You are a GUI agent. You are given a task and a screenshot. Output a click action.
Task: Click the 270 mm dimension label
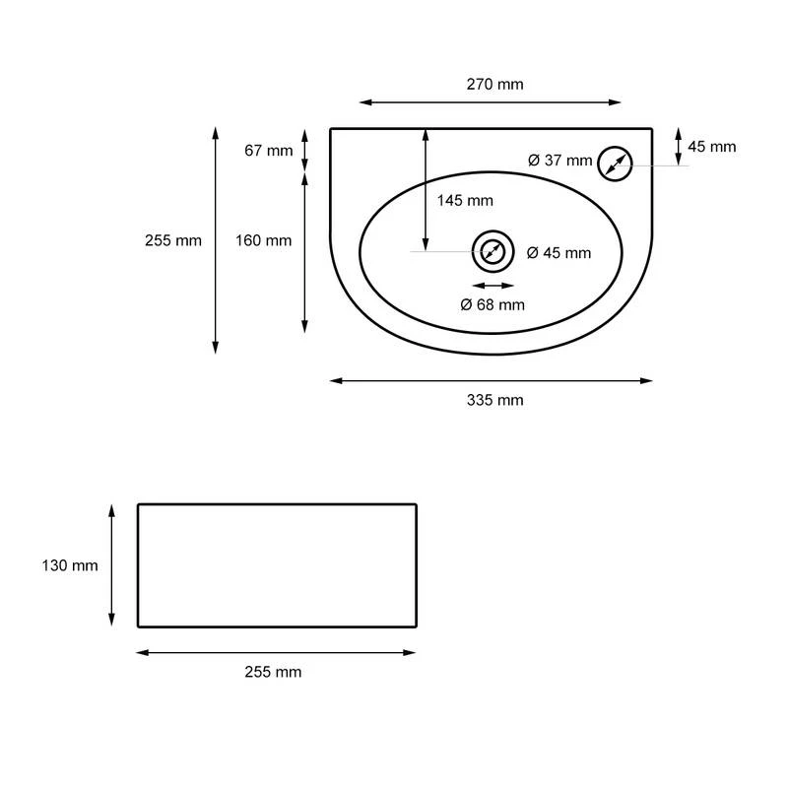(x=494, y=84)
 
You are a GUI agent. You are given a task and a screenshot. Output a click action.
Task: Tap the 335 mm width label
(x=494, y=400)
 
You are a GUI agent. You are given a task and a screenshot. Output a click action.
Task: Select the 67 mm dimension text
(x=268, y=151)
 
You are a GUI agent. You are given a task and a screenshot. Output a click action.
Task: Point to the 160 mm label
(x=264, y=240)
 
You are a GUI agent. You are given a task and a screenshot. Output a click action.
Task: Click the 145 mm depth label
(x=465, y=201)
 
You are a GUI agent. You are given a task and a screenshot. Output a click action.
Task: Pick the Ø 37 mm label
(x=559, y=161)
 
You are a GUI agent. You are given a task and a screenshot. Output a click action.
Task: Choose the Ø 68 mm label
(x=492, y=304)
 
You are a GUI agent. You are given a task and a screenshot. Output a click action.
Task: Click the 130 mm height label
(x=71, y=565)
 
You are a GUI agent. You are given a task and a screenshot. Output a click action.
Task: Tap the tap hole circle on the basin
(x=615, y=164)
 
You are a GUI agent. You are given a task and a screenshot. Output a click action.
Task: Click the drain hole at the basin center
(x=492, y=252)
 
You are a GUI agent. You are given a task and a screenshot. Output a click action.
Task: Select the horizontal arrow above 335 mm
(x=491, y=380)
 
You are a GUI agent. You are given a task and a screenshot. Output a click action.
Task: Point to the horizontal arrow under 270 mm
(x=491, y=101)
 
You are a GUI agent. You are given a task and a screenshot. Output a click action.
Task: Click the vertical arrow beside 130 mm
(x=111, y=564)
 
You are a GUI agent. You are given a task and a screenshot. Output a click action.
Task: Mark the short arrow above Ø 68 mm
(x=492, y=286)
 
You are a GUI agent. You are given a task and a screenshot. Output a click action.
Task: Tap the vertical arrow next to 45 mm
(x=679, y=147)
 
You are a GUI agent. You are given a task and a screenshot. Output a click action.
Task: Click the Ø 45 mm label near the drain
(x=558, y=253)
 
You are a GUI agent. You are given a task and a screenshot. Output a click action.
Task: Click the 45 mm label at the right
(x=711, y=147)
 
